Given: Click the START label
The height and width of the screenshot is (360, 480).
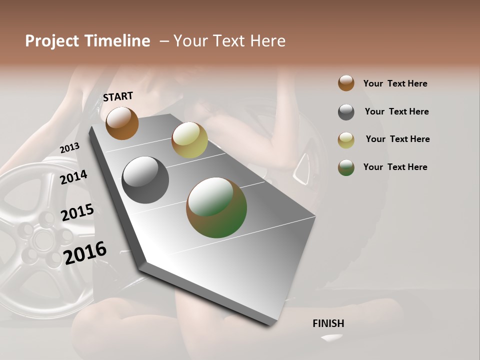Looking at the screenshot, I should pos(118,96).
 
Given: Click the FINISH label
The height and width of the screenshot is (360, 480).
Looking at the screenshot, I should pos(328,323).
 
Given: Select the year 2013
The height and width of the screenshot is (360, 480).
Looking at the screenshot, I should pos(69,147).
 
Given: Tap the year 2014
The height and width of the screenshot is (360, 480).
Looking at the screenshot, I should pos(73,177).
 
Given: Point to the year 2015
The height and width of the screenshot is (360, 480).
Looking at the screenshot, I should pos(77,212).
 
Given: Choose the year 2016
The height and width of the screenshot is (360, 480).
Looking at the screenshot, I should pos(85,252).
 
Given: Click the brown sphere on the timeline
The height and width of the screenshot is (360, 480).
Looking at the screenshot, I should pos(122,123).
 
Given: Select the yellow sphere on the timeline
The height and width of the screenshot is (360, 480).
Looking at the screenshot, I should pos(189,140).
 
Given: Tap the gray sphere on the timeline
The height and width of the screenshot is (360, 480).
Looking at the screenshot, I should pos(145,180).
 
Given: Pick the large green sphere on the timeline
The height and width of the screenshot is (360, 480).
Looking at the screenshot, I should pos(216,207).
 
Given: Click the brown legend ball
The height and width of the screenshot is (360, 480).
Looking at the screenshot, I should pos(346,83).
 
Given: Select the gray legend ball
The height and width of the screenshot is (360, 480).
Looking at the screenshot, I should pos(346,112).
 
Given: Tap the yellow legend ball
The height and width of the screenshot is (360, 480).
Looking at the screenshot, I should pos(346,140).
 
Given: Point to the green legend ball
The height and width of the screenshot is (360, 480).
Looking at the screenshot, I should pos(346,167).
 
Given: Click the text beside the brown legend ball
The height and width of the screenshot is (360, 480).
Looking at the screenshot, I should pos(395,83).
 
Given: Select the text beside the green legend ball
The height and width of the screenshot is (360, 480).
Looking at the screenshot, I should pos(395,167).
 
